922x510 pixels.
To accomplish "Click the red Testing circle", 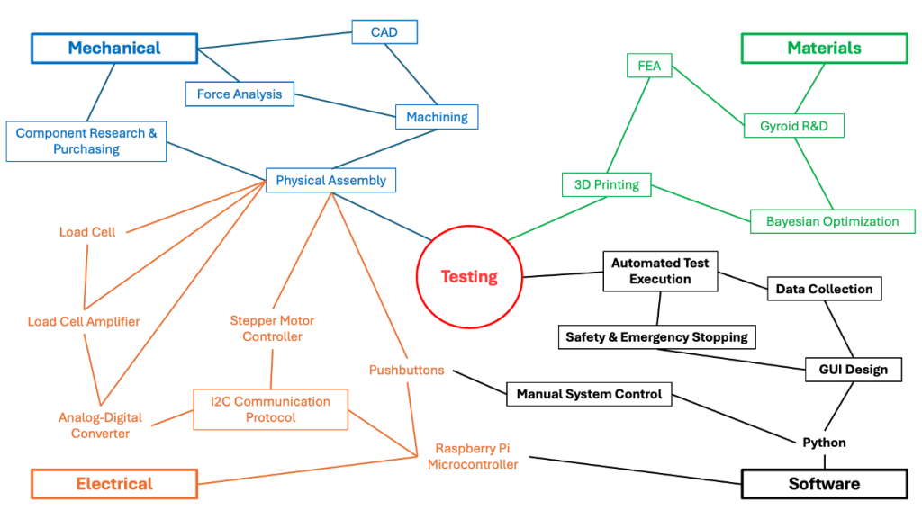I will (x=469, y=277).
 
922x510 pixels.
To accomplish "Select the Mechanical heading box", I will (x=114, y=49).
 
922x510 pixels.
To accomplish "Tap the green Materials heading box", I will (x=824, y=49).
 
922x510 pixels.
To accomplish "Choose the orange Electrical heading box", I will (x=114, y=484).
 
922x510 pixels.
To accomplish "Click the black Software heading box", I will (x=824, y=484).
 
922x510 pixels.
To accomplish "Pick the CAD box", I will (x=384, y=33).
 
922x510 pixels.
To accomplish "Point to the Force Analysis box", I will (x=240, y=94).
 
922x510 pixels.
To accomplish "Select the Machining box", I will (x=437, y=117).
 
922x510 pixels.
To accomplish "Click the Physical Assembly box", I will (x=330, y=181).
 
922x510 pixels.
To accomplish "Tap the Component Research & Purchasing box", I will (x=86, y=141).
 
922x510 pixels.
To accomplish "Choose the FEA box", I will (x=649, y=66).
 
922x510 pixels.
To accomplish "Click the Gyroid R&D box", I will (x=793, y=126).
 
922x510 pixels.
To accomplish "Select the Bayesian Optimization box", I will (x=832, y=221).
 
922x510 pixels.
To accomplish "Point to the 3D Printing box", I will (x=606, y=185).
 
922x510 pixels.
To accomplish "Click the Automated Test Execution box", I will (x=660, y=271).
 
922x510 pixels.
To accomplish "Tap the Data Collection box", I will (x=824, y=289).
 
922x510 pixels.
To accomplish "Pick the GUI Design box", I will (x=853, y=369).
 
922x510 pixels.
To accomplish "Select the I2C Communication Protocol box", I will (x=270, y=409).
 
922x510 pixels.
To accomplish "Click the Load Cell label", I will (x=87, y=232).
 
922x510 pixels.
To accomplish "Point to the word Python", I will (x=824, y=443).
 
